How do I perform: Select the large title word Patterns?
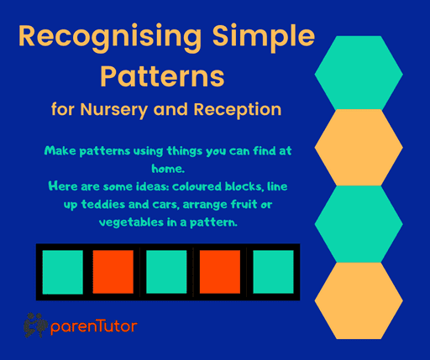(163, 76)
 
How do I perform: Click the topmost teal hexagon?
(360, 73)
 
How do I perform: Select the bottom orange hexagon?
(360, 300)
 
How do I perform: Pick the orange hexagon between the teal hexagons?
(360, 149)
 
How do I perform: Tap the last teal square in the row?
(273, 272)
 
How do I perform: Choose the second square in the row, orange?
(113, 272)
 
